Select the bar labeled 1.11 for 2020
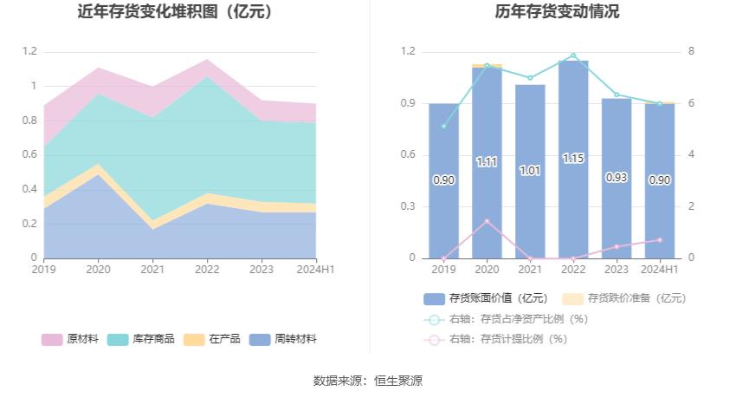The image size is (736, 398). tap(487, 162)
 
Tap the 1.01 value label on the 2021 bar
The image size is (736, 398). tap(530, 171)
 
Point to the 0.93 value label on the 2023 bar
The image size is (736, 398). tap(617, 178)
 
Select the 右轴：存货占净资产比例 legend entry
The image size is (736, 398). tap(506, 318)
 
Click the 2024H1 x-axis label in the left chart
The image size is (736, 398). tap(315, 270)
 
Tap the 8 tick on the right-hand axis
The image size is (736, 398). tap(691, 51)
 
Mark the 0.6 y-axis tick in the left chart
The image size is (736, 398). tap(30, 154)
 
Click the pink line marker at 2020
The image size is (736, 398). tap(487, 221)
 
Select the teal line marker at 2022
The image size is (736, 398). tap(573, 55)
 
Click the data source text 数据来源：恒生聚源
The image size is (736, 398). tap(368, 381)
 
